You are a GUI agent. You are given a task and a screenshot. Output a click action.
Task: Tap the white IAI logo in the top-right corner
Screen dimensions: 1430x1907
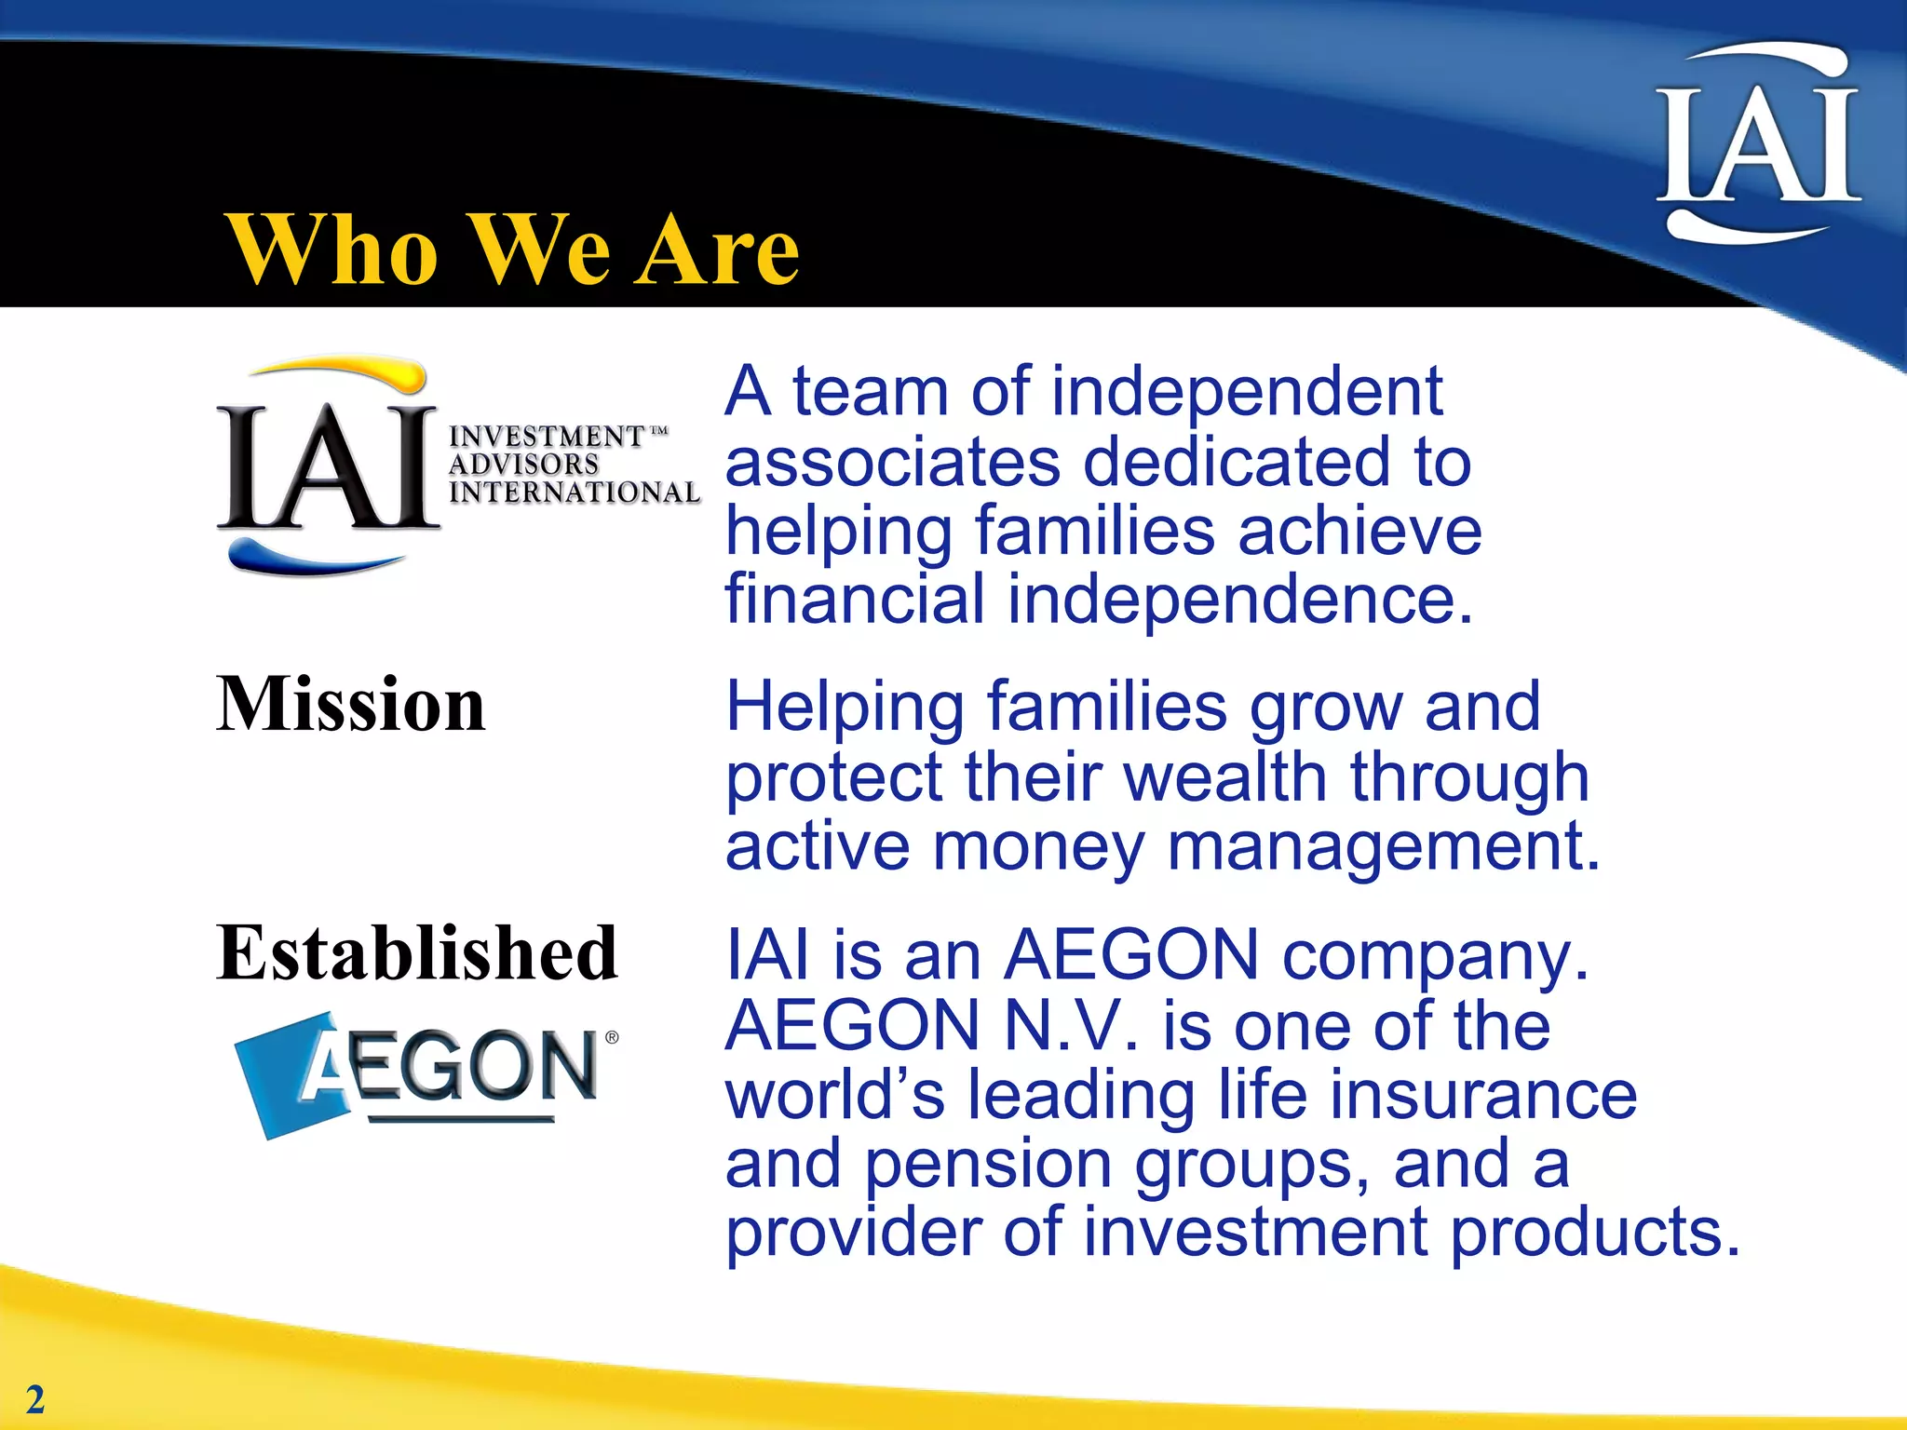1757,144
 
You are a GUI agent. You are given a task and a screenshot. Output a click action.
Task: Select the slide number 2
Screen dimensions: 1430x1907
34,1399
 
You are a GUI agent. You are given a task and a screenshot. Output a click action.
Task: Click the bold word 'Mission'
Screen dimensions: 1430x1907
351,705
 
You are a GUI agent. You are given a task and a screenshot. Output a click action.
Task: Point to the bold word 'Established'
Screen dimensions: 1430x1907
417,953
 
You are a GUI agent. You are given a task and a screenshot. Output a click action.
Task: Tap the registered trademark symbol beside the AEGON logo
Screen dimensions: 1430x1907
612,1037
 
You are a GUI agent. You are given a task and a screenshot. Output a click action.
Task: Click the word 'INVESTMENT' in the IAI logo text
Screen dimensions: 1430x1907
547,436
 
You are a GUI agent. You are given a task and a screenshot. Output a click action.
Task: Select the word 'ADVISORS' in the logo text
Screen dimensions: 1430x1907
523,464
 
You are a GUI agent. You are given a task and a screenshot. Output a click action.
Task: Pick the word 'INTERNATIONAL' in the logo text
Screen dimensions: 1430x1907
574,492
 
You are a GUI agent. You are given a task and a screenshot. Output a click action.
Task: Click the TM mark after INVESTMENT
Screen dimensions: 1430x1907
658,431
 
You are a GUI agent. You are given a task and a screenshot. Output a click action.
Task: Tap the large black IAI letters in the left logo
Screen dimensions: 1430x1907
328,468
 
